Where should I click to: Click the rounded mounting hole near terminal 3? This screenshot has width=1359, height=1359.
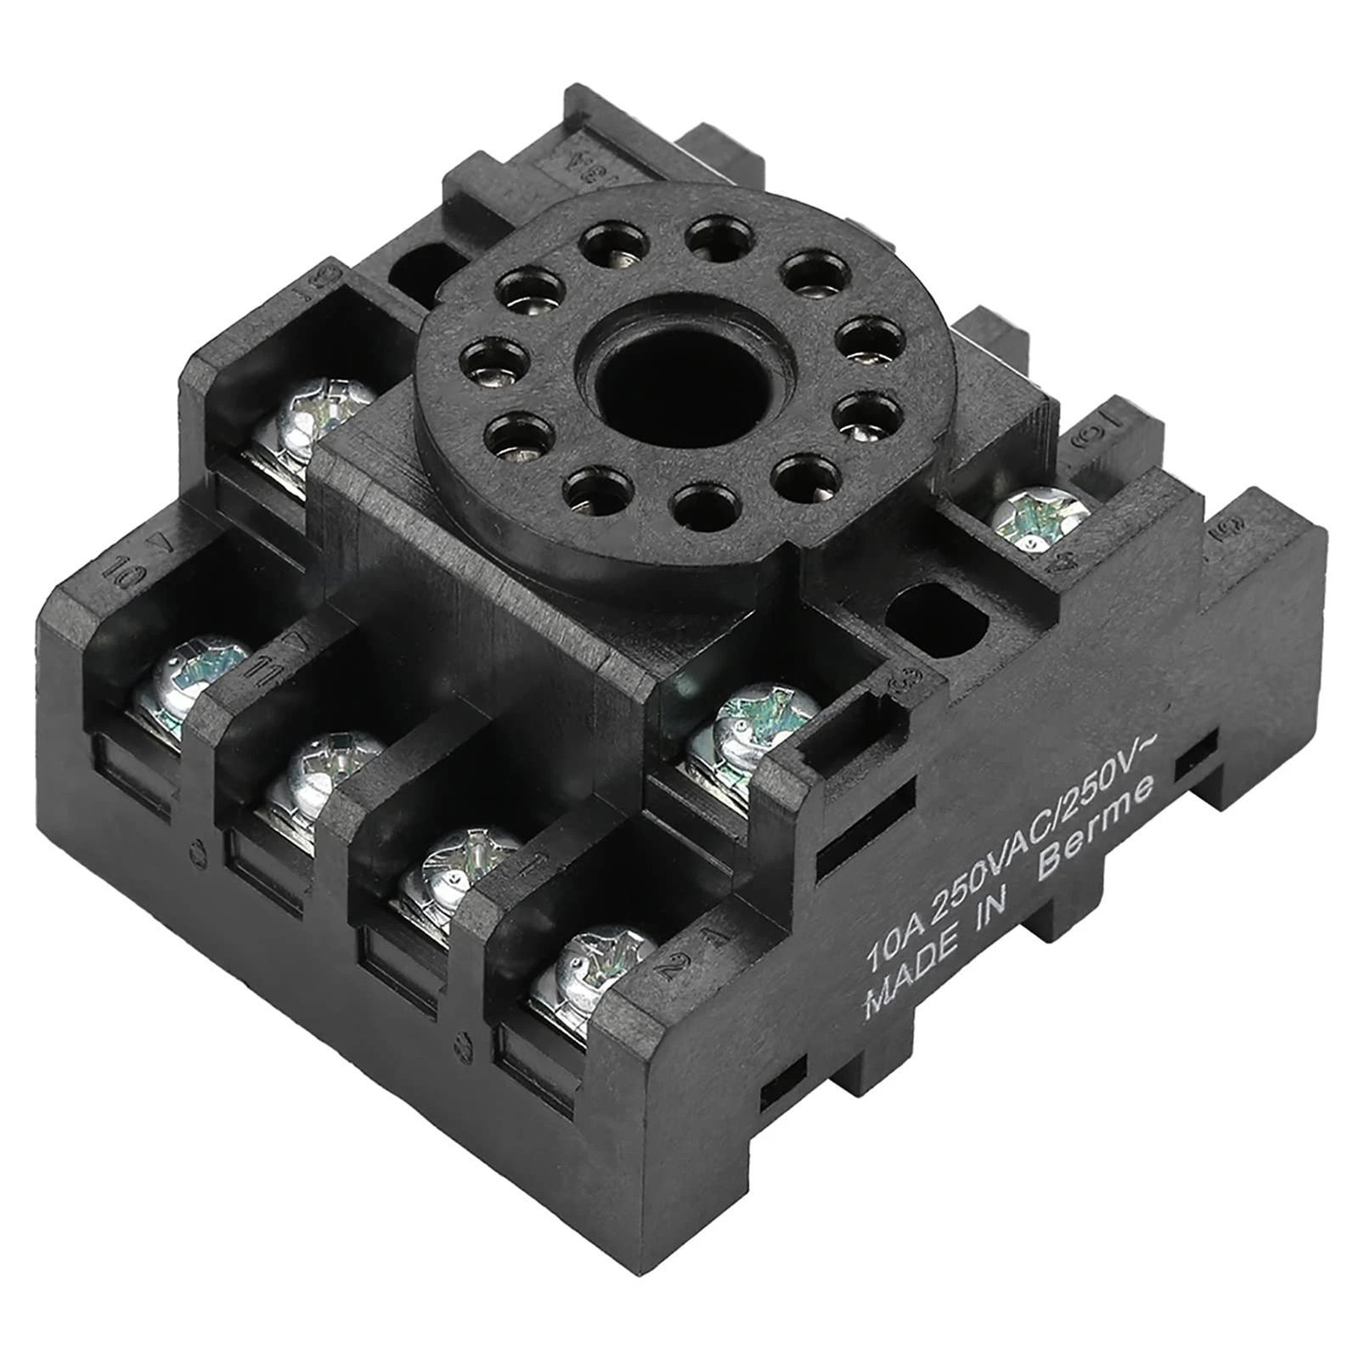[935, 612]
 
